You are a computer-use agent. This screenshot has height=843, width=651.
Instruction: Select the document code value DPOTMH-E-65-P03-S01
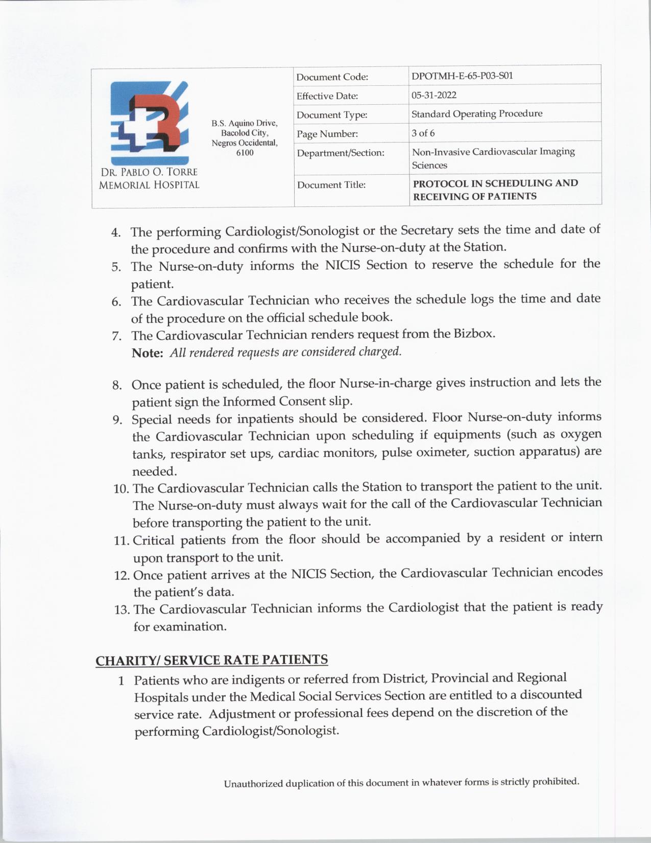pos(462,76)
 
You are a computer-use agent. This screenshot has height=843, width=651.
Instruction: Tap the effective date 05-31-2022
pos(434,95)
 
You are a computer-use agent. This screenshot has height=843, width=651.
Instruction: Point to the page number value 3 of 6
pos(423,133)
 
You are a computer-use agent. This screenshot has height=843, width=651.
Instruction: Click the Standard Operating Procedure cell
pos(477,113)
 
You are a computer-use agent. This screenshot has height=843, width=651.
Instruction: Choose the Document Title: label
pos(331,185)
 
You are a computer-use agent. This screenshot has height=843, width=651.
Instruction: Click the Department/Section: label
pos(341,153)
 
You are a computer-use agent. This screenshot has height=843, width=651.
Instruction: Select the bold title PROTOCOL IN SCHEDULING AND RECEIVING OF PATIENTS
pos(495,190)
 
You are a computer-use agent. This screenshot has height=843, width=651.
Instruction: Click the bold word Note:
pos(147,353)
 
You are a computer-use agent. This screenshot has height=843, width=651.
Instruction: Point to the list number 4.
pos(116,233)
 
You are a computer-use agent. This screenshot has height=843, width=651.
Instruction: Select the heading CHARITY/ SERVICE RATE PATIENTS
pos(211,660)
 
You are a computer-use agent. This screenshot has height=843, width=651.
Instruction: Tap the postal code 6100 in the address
pos(245,153)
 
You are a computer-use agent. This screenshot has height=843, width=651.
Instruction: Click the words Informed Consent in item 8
pos(267,402)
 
